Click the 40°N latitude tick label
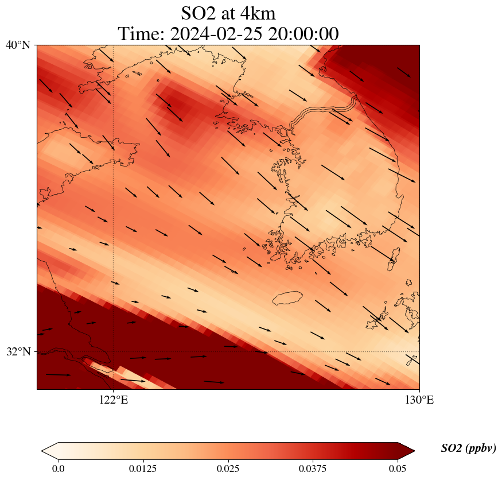coord(18,45)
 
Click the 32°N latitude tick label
coord(18,351)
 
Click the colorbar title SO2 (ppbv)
coord(468,448)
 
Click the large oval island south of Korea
coord(287,298)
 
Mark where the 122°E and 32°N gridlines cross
coord(114,351)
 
